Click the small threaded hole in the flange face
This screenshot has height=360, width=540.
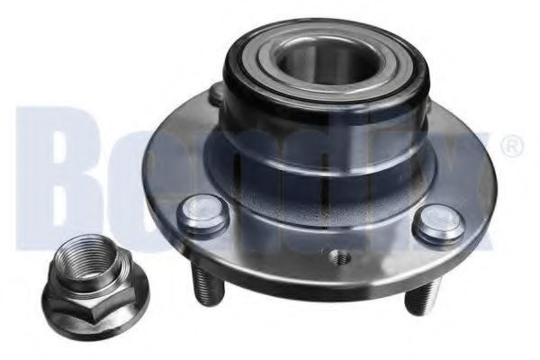tap(338, 256)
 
